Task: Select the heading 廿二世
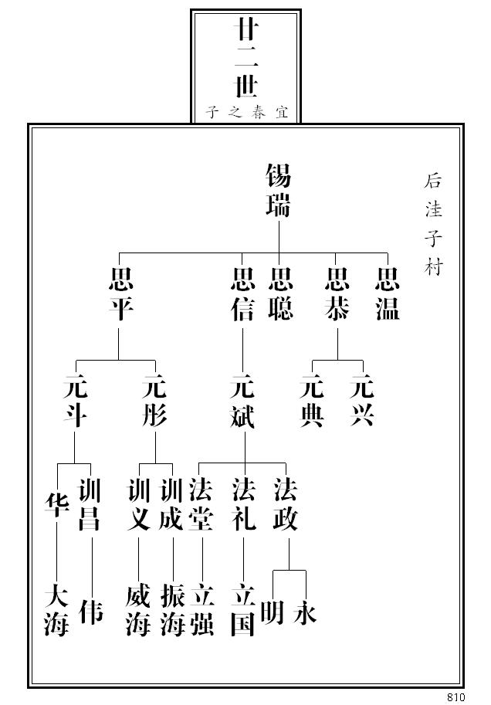point(245,59)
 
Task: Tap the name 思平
point(121,294)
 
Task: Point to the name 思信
point(242,294)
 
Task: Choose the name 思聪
point(280,294)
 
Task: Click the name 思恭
point(337,294)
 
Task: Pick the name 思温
point(387,294)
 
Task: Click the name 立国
point(242,610)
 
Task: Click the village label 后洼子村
point(433,224)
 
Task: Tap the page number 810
point(455,697)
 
